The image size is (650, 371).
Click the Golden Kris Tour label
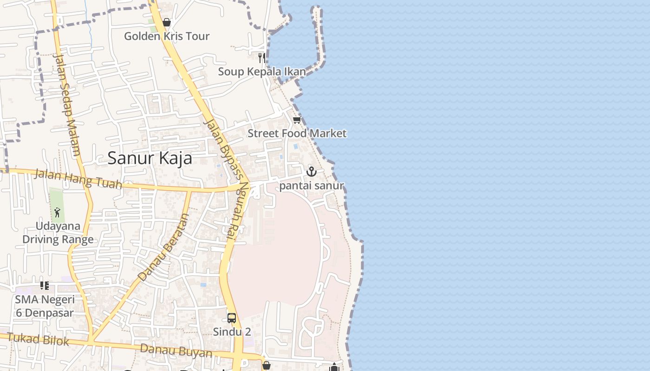[167, 36]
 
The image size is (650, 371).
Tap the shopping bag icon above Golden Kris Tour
[167, 22]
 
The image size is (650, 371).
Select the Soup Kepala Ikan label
[262, 72]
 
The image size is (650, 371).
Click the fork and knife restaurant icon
[262, 58]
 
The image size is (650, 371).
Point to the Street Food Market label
[297, 134]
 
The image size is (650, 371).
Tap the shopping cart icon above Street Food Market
[297, 120]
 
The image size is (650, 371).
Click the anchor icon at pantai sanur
[311, 172]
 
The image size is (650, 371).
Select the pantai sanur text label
[312, 186]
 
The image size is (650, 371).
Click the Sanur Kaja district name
[149, 158]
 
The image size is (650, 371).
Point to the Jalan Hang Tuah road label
[78, 179]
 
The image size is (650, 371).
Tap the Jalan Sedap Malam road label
[67, 104]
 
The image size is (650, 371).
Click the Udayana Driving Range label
[58, 233]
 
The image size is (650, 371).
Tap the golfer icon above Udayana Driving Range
[57, 212]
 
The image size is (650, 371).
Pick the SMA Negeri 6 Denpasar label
[45, 306]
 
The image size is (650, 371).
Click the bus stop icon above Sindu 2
[232, 318]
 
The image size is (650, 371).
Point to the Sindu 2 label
[232, 332]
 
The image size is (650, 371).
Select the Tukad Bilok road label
[38, 339]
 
